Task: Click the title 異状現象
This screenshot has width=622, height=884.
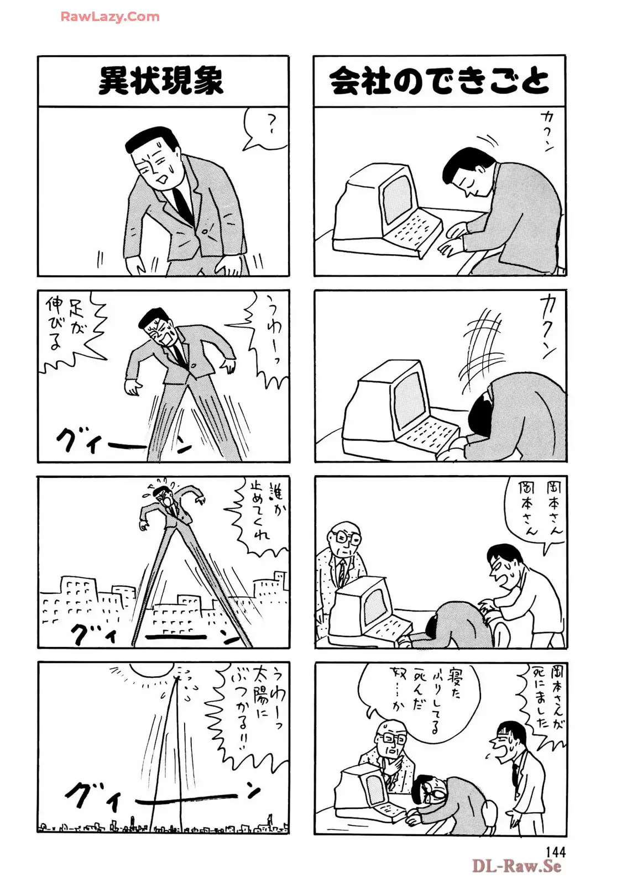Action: pyautogui.click(x=161, y=81)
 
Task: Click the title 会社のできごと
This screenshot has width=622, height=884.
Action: pyautogui.click(x=439, y=81)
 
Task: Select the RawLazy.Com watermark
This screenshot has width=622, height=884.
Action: pyautogui.click(x=110, y=17)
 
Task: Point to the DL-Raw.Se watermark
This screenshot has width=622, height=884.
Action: pyautogui.click(x=516, y=865)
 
